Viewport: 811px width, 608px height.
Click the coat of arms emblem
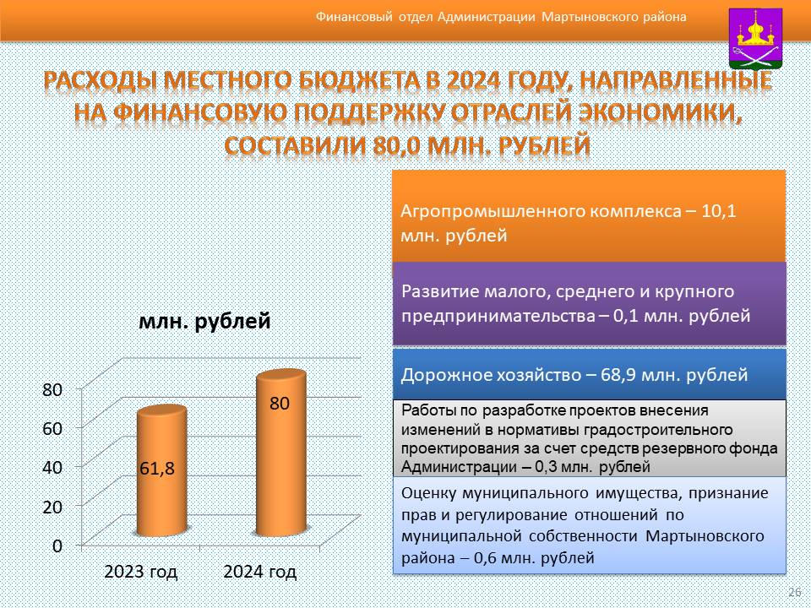pyautogui.click(x=755, y=39)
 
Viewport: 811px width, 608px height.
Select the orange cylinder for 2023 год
pyautogui.click(x=162, y=470)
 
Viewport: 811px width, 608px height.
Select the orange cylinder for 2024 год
pyautogui.click(x=281, y=453)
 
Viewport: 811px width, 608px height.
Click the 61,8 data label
pyautogui.click(x=157, y=469)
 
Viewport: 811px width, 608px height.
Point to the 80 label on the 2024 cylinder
pyautogui.click(x=280, y=404)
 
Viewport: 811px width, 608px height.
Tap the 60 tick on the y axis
pyautogui.click(x=52, y=428)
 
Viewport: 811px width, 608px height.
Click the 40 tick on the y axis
pyautogui.click(x=52, y=467)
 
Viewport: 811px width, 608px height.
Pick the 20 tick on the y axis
pyautogui.click(x=52, y=506)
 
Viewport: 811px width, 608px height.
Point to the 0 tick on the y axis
pyautogui.click(x=57, y=546)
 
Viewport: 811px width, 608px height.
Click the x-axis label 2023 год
pyautogui.click(x=141, y=572)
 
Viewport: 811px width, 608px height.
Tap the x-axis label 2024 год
pyautogui.click(x=260, y=572)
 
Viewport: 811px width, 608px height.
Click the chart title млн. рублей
pyautogui.click(x=204, y=321)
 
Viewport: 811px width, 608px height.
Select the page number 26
pyautogui.click(x=794, y=592)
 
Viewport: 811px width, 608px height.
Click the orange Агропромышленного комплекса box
pyautogui.click(x=589, y=216)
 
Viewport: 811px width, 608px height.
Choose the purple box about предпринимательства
pyautogui.click(x=589, y=303)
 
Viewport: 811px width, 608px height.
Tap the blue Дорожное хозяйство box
pyautogui.click(x=589, y=374)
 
